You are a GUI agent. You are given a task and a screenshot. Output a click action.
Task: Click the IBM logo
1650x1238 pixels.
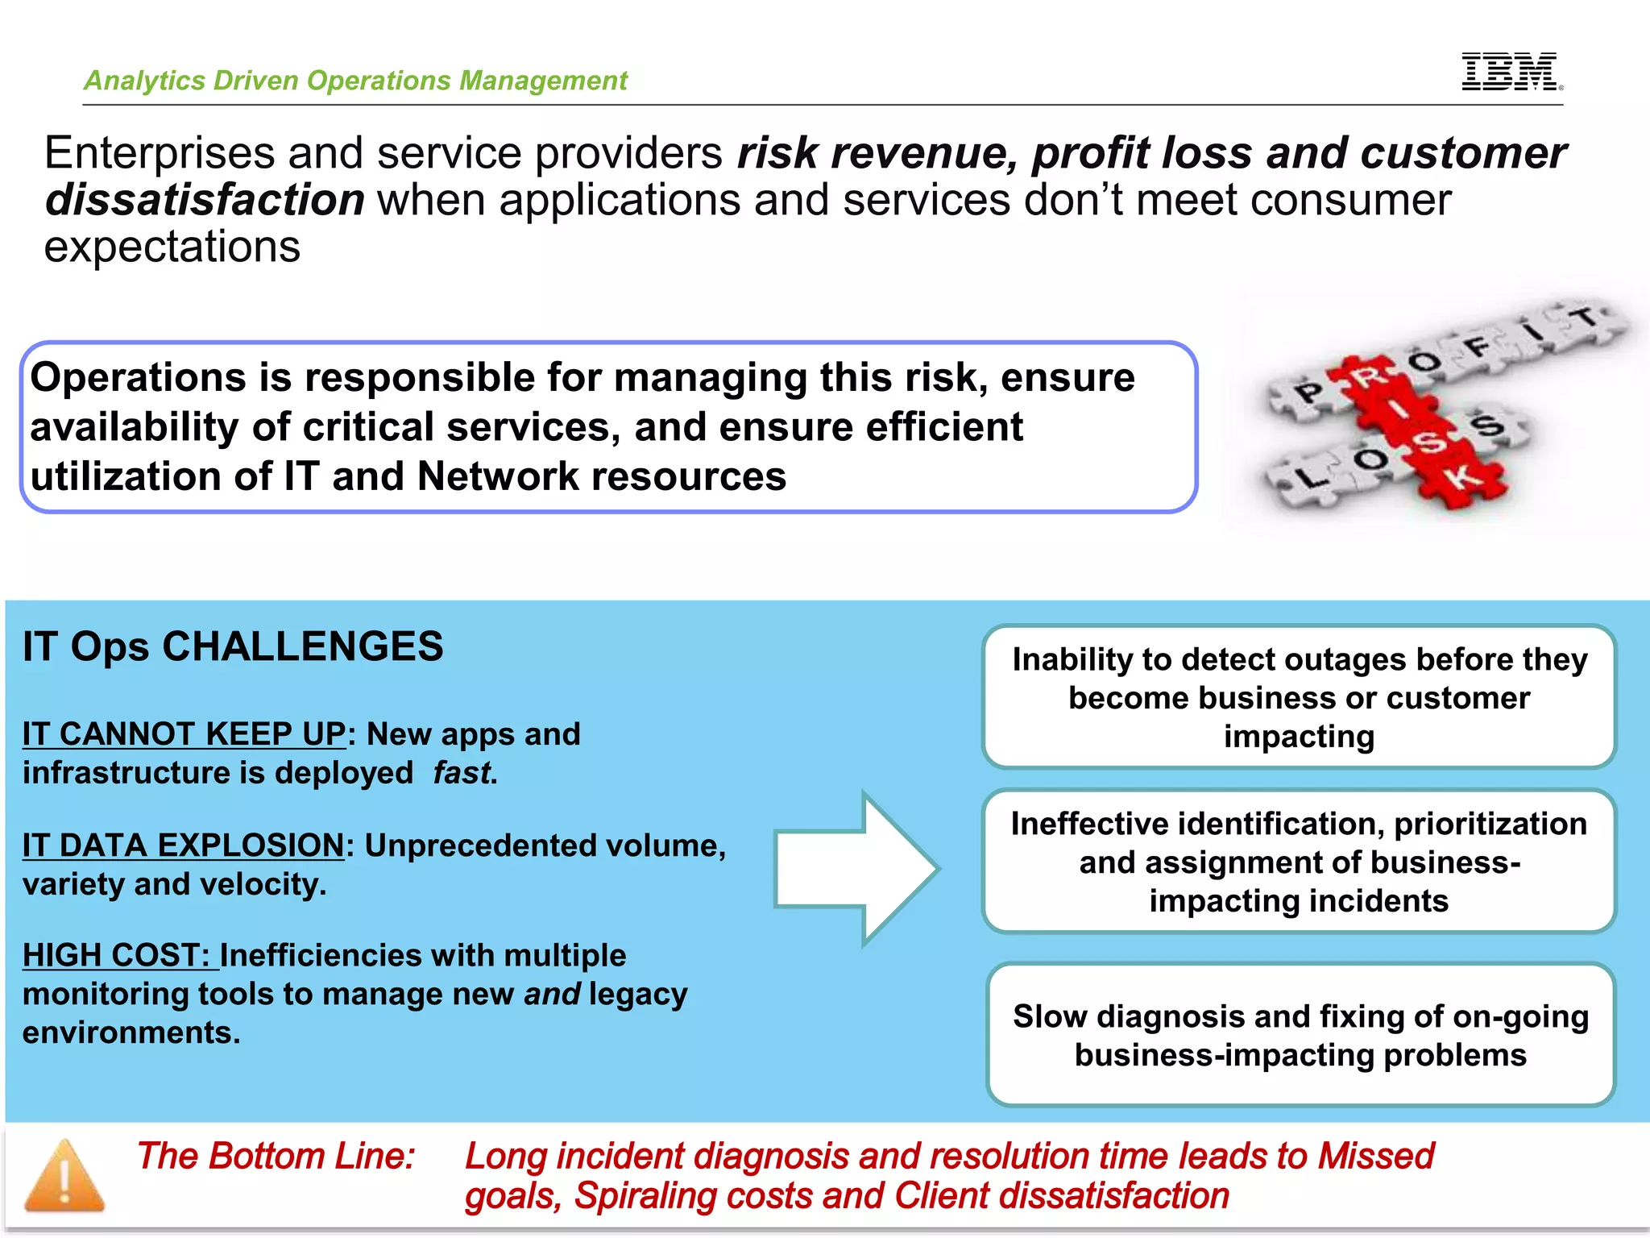(1510, 73)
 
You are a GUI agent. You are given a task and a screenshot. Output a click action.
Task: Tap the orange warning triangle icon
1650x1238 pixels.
(64, 1176)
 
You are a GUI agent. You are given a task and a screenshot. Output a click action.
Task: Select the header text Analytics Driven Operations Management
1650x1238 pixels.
(355, 81)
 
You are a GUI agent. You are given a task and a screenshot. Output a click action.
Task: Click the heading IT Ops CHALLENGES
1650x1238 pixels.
(233, 646)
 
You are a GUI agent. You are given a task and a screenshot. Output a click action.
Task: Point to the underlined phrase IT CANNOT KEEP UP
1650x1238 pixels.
(184, 734)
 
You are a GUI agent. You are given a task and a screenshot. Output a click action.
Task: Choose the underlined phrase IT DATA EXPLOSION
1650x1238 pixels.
(183, 845)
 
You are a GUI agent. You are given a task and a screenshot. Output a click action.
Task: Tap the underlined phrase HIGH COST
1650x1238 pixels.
(116, 955)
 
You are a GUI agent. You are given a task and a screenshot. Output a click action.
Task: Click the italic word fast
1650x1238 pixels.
(462, 773)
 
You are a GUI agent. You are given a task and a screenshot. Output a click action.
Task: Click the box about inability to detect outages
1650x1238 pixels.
(1299, 697)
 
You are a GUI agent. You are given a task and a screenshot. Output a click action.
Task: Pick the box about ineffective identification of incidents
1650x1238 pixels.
(1299, 862)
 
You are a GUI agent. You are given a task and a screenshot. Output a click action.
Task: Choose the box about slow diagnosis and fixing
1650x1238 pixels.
(1300, 1035)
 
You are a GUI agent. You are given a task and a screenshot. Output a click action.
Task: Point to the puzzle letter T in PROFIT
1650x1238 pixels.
(1585, 318)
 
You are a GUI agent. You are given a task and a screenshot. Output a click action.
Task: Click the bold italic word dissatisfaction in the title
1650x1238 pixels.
(205, 200)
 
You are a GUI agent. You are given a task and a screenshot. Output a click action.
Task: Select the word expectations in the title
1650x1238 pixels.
(172, 247)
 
